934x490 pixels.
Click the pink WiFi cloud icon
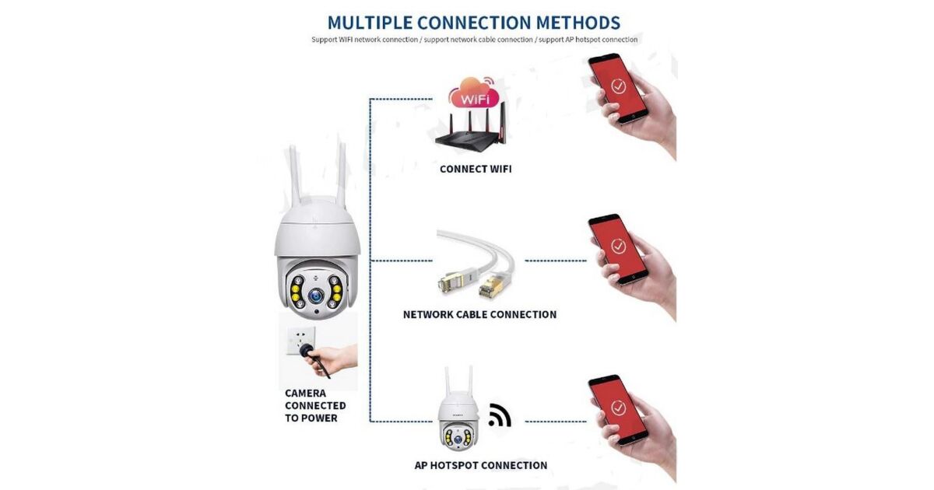tap(473, 94)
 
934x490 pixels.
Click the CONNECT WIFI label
tap(476, 170)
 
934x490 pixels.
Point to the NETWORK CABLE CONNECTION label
tap(479, 314)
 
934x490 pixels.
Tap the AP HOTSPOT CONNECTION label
tap(481, 465)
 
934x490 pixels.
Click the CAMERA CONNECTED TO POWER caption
tap(315, 405)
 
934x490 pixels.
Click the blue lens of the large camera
tap(316, 296)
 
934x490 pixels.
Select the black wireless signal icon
tap(500, 415)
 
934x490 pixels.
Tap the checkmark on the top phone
tap(618, 86)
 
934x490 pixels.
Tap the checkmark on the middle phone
tap(618, 247)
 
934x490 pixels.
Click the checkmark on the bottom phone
tap(618, 407)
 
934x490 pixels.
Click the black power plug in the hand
tap(307, 351)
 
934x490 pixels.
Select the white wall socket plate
tap(300, 341)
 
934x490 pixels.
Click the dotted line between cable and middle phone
tap(556, 261)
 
